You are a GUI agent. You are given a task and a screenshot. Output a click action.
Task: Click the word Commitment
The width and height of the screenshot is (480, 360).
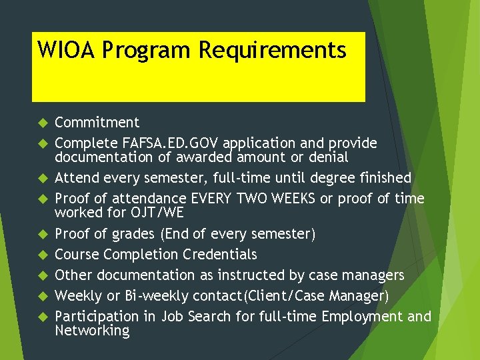coord(97,123)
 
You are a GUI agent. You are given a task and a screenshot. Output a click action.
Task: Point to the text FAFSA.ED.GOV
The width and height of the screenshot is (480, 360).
coord(171,143)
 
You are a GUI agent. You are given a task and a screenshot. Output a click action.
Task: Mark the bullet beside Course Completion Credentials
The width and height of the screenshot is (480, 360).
coord(41,255)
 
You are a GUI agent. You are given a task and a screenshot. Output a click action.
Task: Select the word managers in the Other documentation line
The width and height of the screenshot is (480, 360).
coord(373,275)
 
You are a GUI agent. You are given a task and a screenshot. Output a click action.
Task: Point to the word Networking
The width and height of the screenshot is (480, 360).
coord(92,331)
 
